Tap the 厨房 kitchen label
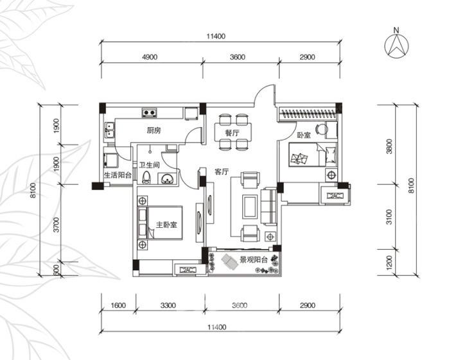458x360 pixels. pos(154,131)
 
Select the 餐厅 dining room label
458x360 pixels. pos(233,133)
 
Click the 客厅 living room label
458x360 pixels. pos(222,172)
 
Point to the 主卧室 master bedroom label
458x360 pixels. pos(166,225)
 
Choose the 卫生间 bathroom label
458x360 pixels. pos(149,165)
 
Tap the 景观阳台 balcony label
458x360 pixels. pos(254,260)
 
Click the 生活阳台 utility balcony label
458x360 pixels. pos(118,175)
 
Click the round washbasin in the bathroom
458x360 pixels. pos(168,178)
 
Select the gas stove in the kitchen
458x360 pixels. pos(149,112)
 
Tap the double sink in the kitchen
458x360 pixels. pos(110,130)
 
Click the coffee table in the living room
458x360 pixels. pos(250,207)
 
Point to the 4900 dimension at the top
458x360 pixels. pos(150,57)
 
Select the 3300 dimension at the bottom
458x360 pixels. pos(168,305)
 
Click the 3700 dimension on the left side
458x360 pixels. pos(57,225)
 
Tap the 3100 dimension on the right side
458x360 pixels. pos(389,217)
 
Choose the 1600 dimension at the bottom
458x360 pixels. pos(118,305)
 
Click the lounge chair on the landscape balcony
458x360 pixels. pos(231,262)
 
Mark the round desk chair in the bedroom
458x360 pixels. pos(321,128)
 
